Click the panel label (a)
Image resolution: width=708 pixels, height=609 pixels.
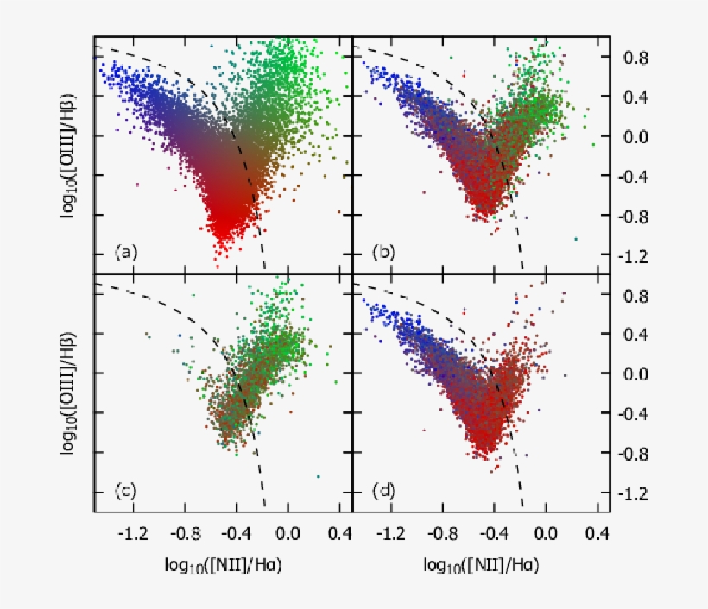point(126,253)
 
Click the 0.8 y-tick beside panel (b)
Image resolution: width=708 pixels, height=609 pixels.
point(637,58)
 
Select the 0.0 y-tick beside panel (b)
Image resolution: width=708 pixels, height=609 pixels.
point(637,137)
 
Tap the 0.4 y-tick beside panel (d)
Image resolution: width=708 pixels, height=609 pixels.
point(637,335)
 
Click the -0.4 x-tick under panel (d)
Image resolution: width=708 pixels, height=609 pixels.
point(492,535)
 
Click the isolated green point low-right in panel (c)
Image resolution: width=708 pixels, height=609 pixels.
point(319,476)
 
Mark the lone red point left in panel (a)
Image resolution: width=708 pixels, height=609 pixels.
point(136,185)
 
